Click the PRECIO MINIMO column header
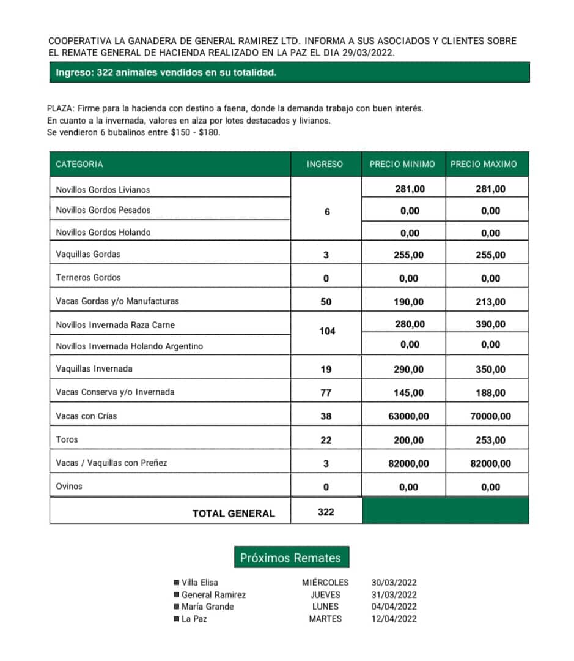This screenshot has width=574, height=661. point(402,164)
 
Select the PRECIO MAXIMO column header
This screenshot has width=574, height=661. point(484,164)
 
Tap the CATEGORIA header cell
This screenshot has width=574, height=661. point(79,164)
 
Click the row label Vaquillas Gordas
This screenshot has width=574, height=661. point(88,254)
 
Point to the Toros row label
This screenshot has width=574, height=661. point(67,439)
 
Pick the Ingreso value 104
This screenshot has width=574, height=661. point(327,331)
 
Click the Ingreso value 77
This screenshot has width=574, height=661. point(326,393)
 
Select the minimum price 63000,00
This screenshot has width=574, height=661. point(408,416)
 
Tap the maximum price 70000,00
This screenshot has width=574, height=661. point(490,416)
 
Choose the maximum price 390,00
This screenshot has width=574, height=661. point(490,324)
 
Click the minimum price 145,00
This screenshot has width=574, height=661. point(408,393)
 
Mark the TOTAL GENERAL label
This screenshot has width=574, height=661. point(234,513)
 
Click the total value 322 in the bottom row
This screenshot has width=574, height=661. point(326,512)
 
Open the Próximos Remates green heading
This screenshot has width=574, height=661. point(290,558)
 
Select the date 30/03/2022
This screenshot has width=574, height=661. point(394,583)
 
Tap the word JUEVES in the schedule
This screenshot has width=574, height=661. point(325,595)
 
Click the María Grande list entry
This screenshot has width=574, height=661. point(207,607)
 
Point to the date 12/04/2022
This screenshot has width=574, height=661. point(394,619)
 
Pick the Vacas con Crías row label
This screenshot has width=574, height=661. point(86,416)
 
